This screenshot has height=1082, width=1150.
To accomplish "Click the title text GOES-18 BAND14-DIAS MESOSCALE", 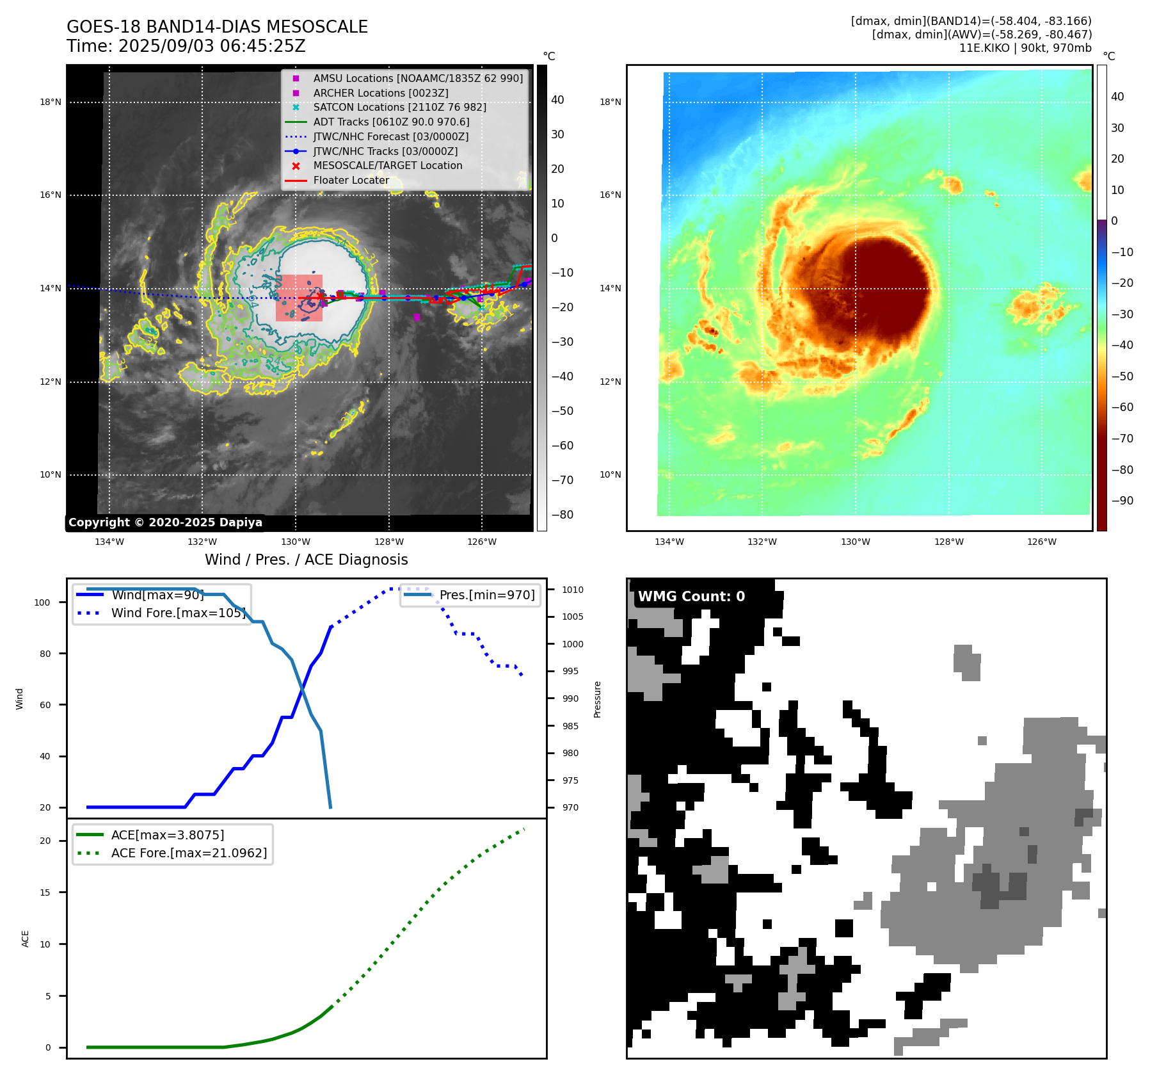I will [217, 27].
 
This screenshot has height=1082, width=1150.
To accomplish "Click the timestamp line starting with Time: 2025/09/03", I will [186, 46].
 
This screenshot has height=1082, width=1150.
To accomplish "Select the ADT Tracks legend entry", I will [391, 122].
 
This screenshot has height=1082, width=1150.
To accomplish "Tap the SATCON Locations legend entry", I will [399, 107].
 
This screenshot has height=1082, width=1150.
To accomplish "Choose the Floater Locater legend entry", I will [351, 180].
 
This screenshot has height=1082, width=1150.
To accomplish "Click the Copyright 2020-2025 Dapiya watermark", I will [165, 522].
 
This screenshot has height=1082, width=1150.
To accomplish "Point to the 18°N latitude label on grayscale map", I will [51, 102].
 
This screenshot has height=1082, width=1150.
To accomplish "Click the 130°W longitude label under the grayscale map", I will [296, 542].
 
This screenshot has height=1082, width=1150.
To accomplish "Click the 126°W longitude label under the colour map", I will [1042, 542].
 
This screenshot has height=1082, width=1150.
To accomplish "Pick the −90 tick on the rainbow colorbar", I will [1122, 501].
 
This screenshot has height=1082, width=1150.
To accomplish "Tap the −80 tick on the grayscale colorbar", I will [563, 515].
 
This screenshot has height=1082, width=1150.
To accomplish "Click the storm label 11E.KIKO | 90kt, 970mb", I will [1025, 48].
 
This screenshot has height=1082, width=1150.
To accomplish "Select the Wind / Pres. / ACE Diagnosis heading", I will [306, 560].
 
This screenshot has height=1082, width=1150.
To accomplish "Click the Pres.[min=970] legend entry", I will [486, 595].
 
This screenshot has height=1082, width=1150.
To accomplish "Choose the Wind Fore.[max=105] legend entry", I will [178, 613].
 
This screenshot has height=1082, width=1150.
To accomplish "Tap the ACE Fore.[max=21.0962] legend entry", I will [189, 853].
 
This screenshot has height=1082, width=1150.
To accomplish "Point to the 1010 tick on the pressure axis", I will [573, 590].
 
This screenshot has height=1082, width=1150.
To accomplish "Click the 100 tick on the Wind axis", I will [42, 602].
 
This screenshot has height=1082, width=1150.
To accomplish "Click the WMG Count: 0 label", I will [691, 596].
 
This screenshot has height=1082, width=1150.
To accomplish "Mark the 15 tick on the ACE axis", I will [45, 892].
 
